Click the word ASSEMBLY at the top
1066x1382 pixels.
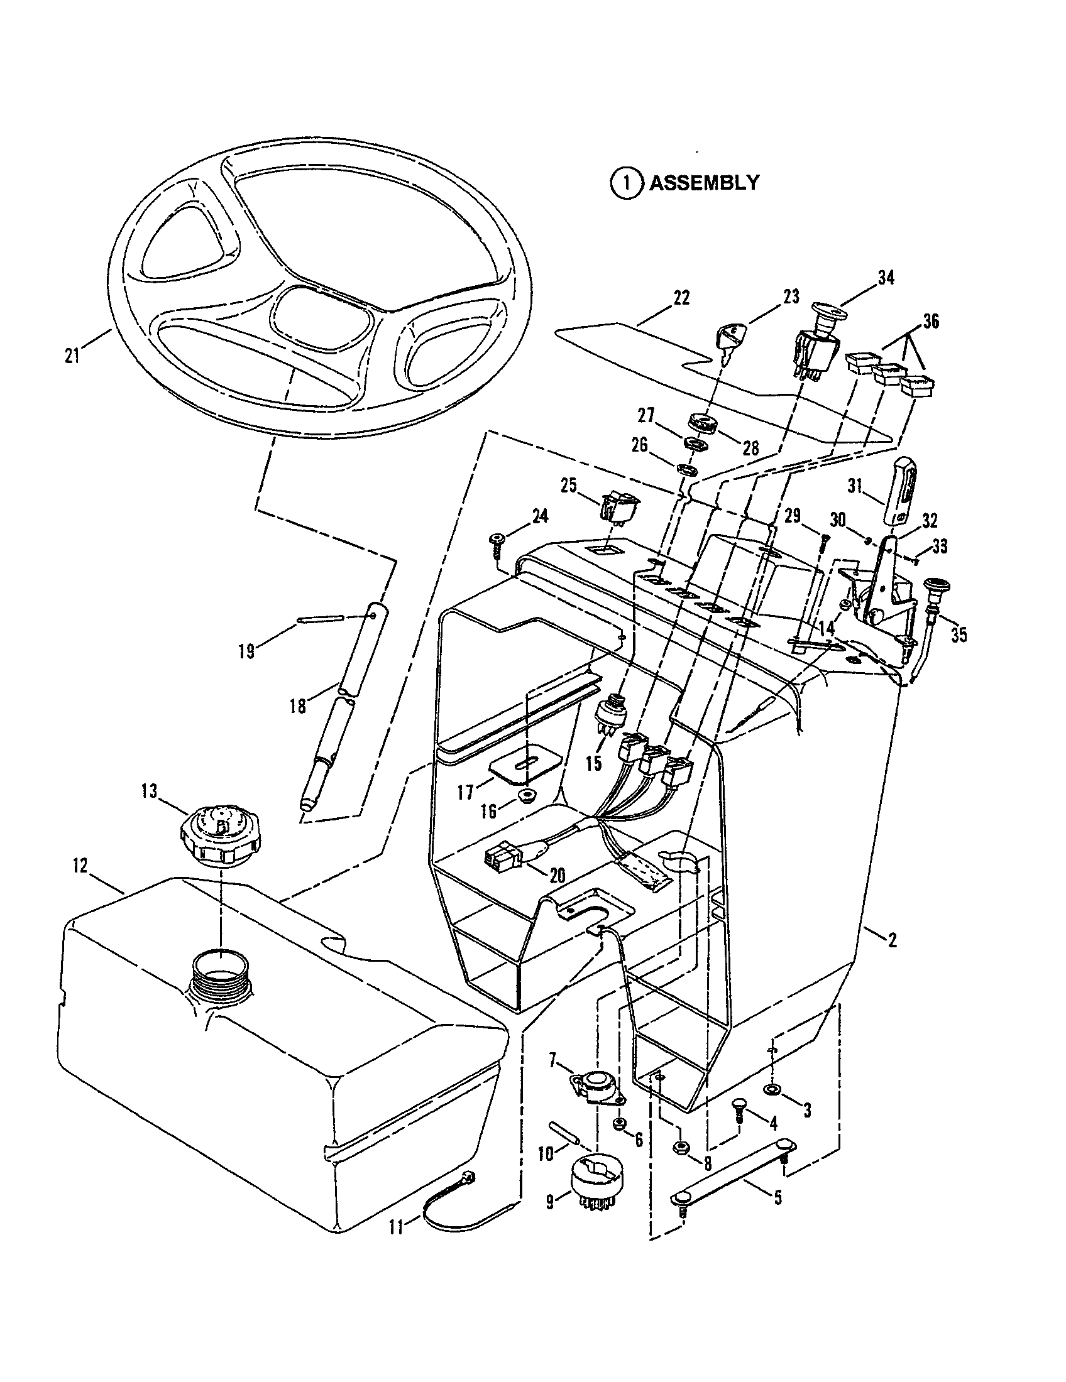click(704, 183)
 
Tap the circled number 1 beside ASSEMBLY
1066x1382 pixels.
click(625, 183)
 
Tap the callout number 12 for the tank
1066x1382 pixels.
click(80, 866)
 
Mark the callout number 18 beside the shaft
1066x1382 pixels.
click(297, 706)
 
